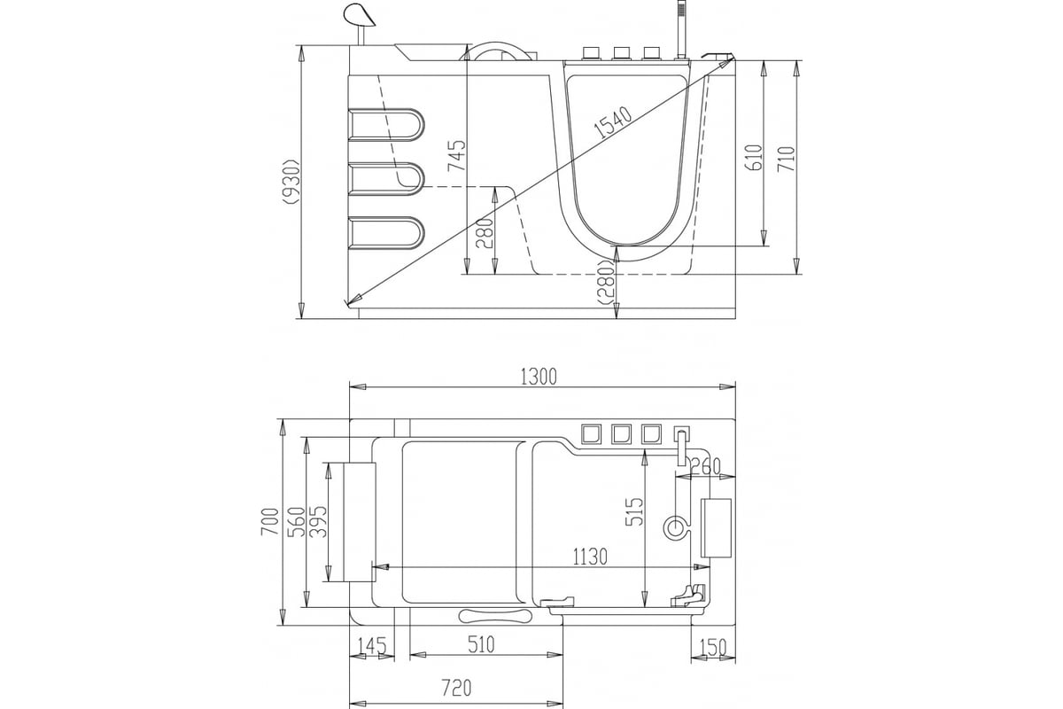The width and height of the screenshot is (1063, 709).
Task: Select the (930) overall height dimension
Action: pos(291,182)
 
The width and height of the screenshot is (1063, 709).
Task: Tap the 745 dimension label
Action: pos(457,156)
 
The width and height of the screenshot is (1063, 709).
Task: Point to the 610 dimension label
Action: pos(755,157)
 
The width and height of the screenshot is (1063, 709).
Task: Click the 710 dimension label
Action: pos(787,160)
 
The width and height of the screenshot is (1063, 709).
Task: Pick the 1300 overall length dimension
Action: pos(539,377)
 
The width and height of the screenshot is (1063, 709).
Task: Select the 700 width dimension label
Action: pos(269,521)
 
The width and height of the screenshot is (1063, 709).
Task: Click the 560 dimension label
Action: pos(296,522)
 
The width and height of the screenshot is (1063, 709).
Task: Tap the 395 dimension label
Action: pos(318,522)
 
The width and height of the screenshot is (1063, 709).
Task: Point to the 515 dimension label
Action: pos(634,511)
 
